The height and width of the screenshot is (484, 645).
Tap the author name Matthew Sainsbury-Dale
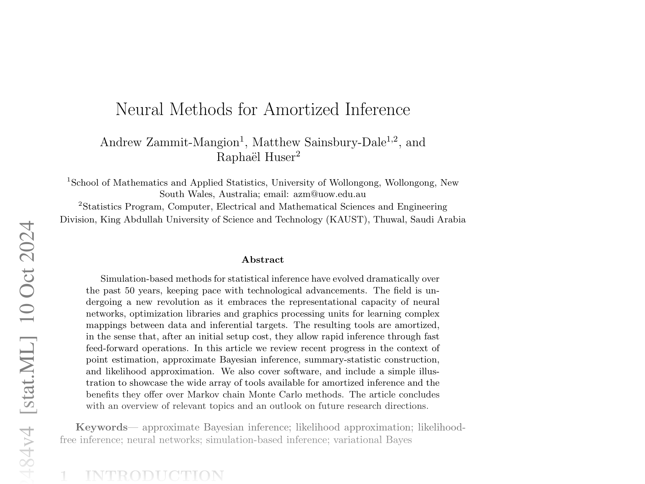pyautogui.click(x=319, y=142)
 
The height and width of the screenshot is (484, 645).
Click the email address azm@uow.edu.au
pyautogui.click(x=330, y=194)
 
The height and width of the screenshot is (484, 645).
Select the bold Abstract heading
pyautogui.click(x=263, y=260)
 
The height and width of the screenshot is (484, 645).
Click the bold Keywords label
pyautogui.click(x=102, y=427)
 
